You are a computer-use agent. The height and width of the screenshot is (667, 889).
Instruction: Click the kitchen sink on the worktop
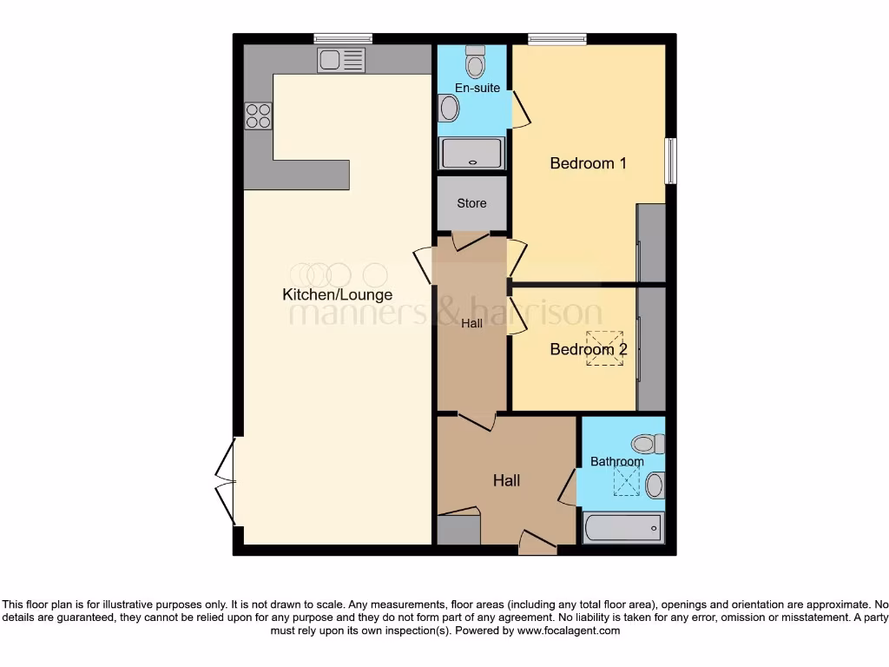[x=341, y=60]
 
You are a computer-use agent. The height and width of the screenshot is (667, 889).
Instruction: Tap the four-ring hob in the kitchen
[x=258, y=116]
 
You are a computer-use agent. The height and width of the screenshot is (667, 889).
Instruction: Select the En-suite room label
[x=477, y=88]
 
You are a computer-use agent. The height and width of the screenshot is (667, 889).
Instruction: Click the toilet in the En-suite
[x=476, y=62]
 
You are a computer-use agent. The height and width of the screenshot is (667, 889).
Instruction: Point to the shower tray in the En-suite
[x=472, y=153]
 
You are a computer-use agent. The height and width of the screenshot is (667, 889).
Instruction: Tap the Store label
[x=471, y=203]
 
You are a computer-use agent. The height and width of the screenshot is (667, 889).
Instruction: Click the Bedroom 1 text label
[x=588, y=163]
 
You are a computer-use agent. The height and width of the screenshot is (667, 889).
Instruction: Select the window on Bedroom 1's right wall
[x=670, y=161]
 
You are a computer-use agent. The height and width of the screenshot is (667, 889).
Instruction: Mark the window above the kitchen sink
[x=343, y=37]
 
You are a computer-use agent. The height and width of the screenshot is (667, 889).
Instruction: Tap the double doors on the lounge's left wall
[x=226, y=481]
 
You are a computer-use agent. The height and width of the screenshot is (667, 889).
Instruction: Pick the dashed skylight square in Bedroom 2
[x=604, y=347]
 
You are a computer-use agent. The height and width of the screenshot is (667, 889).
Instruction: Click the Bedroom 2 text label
[x=588, y=350]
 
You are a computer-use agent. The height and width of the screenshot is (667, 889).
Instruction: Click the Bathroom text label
[x=617, y=461]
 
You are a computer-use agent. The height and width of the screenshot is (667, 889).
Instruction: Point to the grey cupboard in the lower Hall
[x=458, y=529]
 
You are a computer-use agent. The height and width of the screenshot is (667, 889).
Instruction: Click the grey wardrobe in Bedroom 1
[x=651, y=243]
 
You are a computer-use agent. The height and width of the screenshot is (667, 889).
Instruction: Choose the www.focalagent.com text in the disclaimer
[x=568, y=631]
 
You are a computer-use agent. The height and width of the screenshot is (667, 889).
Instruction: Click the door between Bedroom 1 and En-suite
[x=521, y=109]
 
